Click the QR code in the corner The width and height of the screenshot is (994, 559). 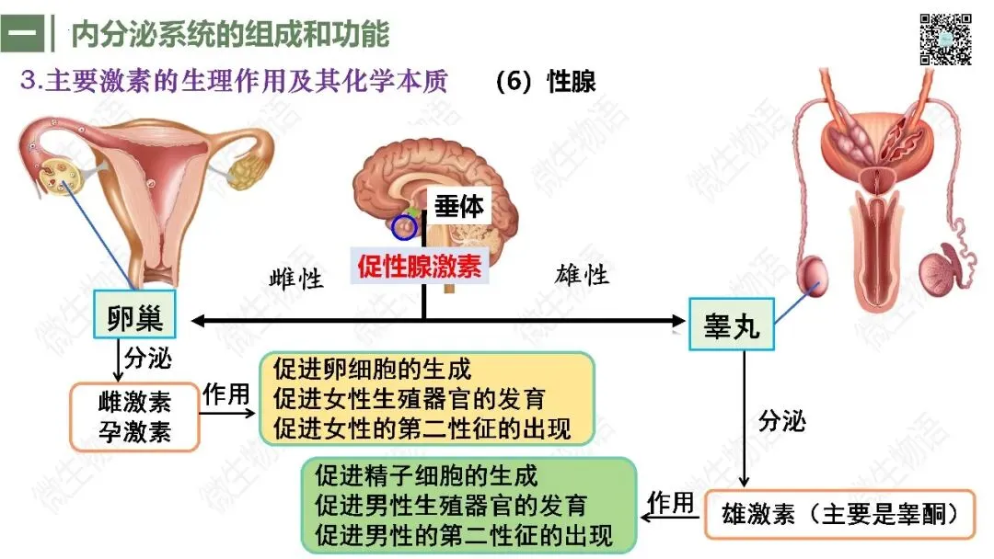(x=945, y=40)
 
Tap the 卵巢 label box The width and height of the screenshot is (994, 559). (x=134, y=314)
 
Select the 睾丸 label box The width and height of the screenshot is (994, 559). (x=732, y=325)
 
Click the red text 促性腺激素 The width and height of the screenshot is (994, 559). (x=419, y=266)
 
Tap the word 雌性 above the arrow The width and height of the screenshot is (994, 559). (x=296, y=278)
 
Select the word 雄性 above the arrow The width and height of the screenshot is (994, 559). (x=582, y=275)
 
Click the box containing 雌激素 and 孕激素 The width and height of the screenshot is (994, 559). (x=134, y=417)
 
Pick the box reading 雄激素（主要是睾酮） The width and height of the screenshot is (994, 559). (x=840, y=514)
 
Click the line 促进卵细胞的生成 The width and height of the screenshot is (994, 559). (x=372, y=369)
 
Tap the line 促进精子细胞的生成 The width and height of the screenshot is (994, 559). (x=426, y=475)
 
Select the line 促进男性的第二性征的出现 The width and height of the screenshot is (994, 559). (x=463, y=535)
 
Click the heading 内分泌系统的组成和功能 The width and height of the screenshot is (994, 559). (x=230, y=33)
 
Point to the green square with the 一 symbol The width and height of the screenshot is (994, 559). (x=23, y=33)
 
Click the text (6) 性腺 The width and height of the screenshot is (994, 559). (x=546, y=82)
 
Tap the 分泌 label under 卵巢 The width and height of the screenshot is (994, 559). (x=147, y=358)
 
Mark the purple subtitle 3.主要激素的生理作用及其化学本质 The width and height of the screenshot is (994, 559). (x=234, y=81)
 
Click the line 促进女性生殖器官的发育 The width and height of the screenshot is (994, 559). (x=409, y=399)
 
